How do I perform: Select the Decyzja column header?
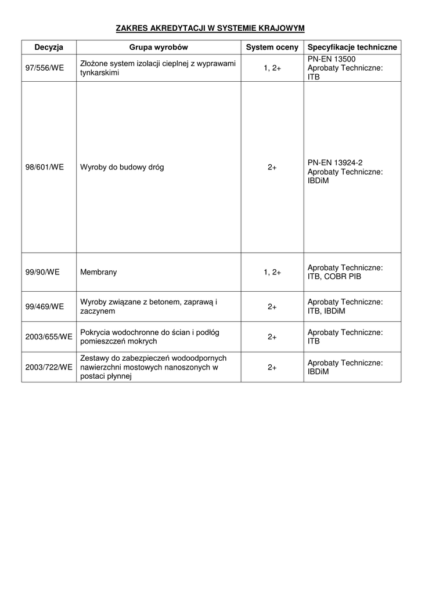pos(49,47)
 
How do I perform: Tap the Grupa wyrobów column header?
pos(159,47)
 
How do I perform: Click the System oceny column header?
pos(272,47)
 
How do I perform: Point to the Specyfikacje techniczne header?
pos(352,47)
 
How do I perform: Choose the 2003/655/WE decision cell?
pos(49,336)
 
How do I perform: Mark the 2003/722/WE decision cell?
pos(49,367)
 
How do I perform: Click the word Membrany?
pos(98,272)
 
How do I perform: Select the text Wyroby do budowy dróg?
pos(122,167)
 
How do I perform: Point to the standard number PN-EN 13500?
pos(332,59)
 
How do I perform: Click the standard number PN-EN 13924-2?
pos(335,163)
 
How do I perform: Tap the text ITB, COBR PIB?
pos(334,277)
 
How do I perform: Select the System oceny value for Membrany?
pos(272,272)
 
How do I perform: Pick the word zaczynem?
pos(98,311)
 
